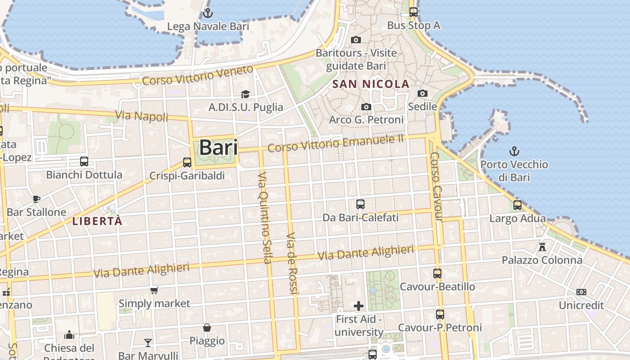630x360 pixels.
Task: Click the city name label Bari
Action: click(218, 148)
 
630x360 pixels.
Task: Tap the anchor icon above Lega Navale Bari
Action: click(207, 13)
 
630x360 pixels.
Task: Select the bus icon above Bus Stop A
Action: click(413, 12)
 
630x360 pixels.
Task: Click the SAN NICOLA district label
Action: click(371, 84)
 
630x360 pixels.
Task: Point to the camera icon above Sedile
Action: click(422, 93)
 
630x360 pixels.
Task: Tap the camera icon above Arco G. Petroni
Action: click(366, 107)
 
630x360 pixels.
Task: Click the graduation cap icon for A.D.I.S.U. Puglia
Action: click(245, 94)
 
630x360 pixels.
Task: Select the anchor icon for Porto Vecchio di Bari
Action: click(514, 151)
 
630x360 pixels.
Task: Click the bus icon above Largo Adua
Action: click(517, 205)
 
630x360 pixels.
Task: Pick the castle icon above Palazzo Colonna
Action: click(542, 247)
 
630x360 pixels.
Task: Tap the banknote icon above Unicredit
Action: click(581, 292)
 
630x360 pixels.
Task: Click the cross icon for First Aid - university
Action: click(359, 306)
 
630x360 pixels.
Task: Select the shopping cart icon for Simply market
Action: click(154, 290)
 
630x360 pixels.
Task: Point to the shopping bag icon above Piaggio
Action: click(207, 328)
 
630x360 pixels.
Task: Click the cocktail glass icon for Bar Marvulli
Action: click(148, 343)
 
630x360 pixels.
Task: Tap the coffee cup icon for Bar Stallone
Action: click(36, 199)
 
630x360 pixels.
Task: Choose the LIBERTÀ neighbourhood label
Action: click(97, 221)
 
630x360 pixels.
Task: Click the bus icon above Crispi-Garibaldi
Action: click(187, 162)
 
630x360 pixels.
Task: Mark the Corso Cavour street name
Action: click(436, 187)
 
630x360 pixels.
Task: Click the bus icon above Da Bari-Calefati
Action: click(360, 204)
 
